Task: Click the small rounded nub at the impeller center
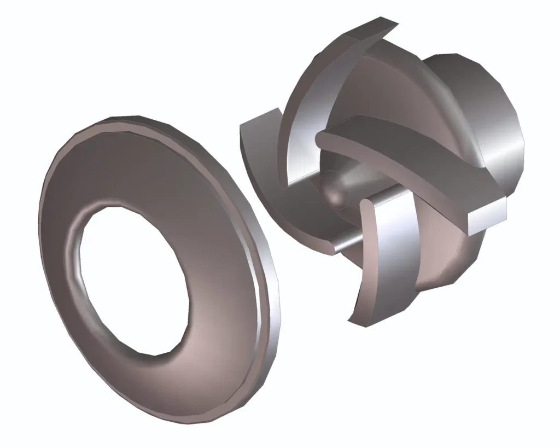pyautogui.click(x=335, y=191)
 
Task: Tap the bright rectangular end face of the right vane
pyautogui.click(x=487, y=216)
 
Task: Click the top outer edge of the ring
pyautogui.click(x=131, y=119)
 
